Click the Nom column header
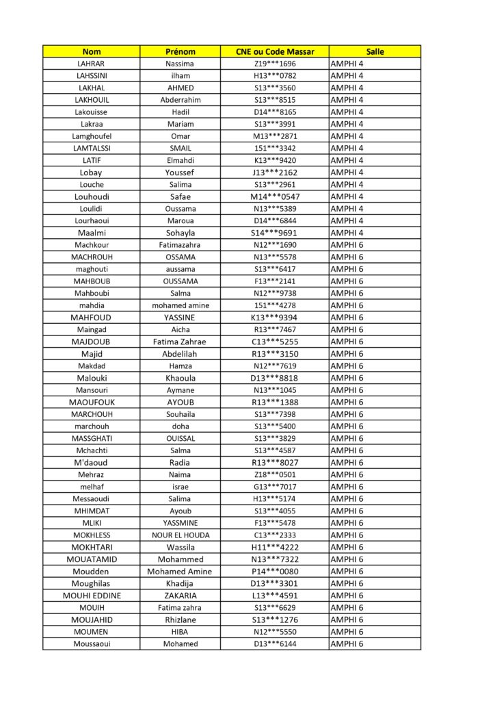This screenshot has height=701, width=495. pyautogui.click(x=91, y=51)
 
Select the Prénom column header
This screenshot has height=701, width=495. pyautogui.click(x=180, y=51)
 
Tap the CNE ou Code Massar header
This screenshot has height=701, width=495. pyautogui.click(x=274, y=51)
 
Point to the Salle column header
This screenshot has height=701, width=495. pyautogui.click(x=375, y=51)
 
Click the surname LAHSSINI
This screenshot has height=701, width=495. pyautogui.click(x=91, y=76)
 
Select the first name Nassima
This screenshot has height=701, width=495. pyautogui.click(x=180, y=64)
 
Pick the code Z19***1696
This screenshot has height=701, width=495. pyautogui.click(x=274, y=64)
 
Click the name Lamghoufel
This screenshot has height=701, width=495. pyautogui.click(x=91, y=136)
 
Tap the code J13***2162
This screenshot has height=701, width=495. pyautogui.click(x=274, y=173)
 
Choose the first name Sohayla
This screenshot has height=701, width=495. pyautogui.click(x=180, y=233)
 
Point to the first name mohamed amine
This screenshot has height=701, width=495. pyautogui.click(x=180, y=305)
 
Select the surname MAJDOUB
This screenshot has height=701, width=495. pyautogui.click(x=91, y=342)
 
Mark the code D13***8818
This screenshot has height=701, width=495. pyautogui.click(x=274, y=378)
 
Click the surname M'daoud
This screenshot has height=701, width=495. pyautogui.click(x=91, y=463)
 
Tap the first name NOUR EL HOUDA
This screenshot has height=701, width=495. pyautogui.click(x=180, y=535)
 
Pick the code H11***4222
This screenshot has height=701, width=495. pyautogui.click(x=274, y=547)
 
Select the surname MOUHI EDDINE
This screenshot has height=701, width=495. pyautogui.click(x=91, y=596)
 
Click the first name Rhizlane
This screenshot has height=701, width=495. pyautogui.click(x=180, y=620)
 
